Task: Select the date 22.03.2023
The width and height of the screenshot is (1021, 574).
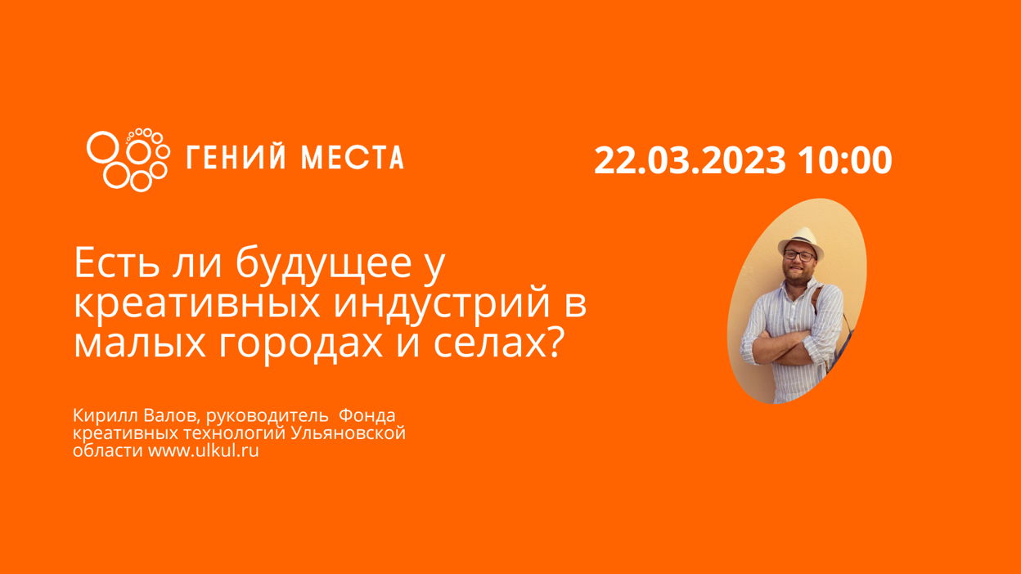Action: pyautogui.click(x=690, y=160)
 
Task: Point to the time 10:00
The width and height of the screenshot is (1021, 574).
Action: pyautogui.click(x=844, y=160)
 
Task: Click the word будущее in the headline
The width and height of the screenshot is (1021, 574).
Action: pyautogui.click(x=324, y=265)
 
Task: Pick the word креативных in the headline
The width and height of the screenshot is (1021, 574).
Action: pyautogui.click(x=196, y=305)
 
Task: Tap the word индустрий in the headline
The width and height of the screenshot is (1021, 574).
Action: pyautogui.click(x=442, y=304)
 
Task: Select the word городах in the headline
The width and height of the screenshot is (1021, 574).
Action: pyautogui.click(x=300, y=345)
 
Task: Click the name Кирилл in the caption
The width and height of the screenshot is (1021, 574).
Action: pyautogui.click(x=106, y=415)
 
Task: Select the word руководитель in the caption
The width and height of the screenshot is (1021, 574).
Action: pyautogui.click(x=267, y=416)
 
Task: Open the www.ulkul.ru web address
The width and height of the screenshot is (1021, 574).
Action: pyautogui.click(x=203, y=451)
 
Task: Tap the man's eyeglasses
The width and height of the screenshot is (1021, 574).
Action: pyautogui.click(x=799, y=256)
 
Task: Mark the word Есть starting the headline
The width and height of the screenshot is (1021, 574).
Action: pyautogui.click(x=117, y=263)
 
